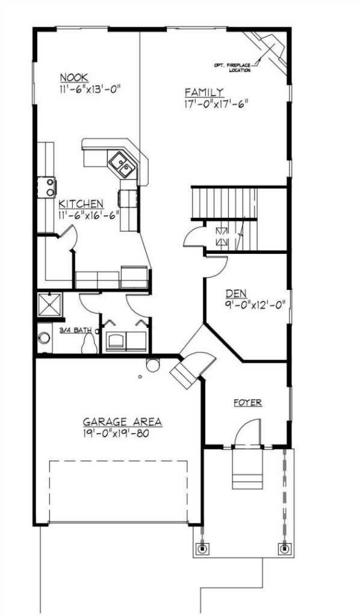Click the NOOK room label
(x=74, y=78)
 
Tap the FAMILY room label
(x=204, y=92)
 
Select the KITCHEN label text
(x=81, y=204)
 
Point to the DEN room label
(x=236, y=293)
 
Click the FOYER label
(x=247, y=402)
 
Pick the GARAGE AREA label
(x=122, y=422)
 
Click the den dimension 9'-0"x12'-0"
(x=255, y=304)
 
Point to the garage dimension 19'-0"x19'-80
(x=117, y=434)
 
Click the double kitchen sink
(x=122, y=165)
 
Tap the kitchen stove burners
(x=51, y=187)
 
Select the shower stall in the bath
(x=50, y=304)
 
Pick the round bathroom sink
(x=44, y=338)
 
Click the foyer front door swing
(x=247, y=432)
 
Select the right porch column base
(x=284, y=549)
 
